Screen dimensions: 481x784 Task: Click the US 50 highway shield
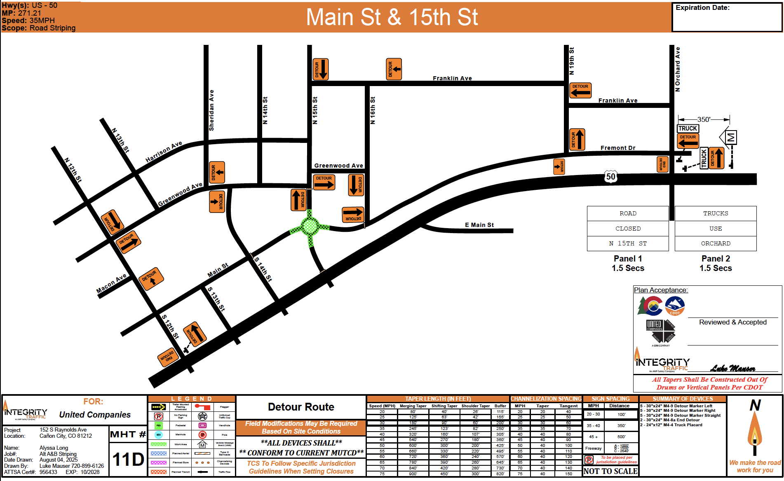(x=610, y=177)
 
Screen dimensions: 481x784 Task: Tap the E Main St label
(x=479, y=225)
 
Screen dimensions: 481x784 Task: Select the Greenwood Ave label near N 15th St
(x=338, y=166)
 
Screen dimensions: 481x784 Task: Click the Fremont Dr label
(x=617, y=148)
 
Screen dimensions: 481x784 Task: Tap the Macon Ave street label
(x=111, y=284)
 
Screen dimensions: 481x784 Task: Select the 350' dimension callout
(x=704, y=119)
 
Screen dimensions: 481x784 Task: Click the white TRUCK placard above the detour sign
(x=688, y=128)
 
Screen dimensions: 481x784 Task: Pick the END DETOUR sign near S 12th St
(x=168, y=357)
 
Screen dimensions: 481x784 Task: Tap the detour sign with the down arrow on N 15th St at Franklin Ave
(x=320, y=69)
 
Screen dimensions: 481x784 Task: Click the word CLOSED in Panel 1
(x=628, y=229)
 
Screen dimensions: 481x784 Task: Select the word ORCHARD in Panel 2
(x=716, y=243)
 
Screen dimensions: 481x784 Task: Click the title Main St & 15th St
(x=392, y=17)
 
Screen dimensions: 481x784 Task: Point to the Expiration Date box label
(x=702, y=7)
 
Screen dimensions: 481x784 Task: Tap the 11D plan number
(x=128, y=459)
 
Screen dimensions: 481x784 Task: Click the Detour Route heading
(x=301, y=407)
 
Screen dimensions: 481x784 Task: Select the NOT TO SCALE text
(x=610, y=471)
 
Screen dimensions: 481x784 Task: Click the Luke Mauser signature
(x=732, y=368)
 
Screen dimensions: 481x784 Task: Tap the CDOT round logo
(x=675, y=306)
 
